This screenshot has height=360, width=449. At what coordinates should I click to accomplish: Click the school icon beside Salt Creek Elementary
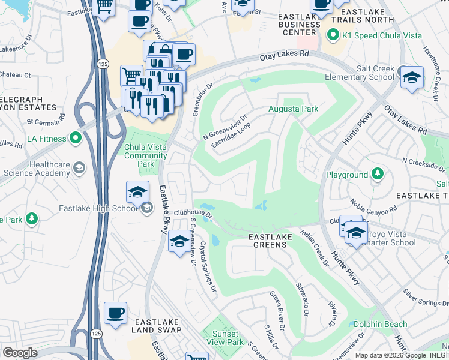click(412, 78)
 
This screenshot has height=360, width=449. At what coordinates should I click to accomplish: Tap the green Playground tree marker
click(377, 175)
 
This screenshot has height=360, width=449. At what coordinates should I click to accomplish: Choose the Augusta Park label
click(292, 109)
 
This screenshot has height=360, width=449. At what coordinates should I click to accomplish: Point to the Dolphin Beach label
click(379, 324)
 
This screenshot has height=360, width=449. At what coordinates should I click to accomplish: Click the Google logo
click(20, 353)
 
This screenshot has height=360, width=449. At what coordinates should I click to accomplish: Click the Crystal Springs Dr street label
click(208, 266)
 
